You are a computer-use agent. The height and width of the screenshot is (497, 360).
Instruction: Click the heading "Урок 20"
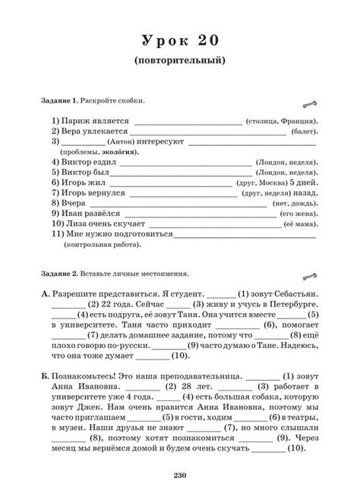[x=180, y=40]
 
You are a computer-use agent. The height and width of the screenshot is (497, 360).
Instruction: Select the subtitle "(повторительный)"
[x=179, y=59]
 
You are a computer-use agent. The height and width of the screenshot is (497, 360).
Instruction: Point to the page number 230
[x=180, y=476]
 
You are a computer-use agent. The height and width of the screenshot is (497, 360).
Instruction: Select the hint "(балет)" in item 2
[x=304, y=131]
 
